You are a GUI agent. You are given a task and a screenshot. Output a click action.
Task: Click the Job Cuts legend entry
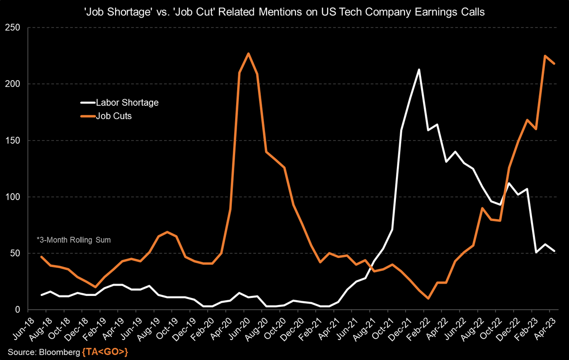point(114,116)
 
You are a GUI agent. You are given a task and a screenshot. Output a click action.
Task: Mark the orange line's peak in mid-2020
point(248,54)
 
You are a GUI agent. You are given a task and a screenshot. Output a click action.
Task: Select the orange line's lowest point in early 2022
point(428,298)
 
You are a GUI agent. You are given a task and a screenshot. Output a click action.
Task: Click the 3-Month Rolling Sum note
point(73,240)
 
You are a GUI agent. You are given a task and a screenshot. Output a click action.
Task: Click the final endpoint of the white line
point(554,251)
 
